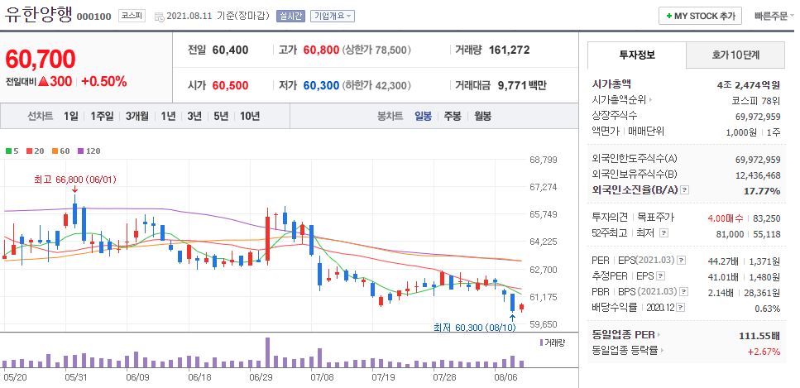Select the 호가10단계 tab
735,55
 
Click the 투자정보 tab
636,55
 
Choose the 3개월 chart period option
137,116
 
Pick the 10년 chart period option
249,116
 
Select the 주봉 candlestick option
452,116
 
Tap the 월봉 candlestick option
482,116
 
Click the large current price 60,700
41,59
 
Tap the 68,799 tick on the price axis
543,160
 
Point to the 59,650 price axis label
543,324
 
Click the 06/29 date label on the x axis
260,376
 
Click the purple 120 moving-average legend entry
89,151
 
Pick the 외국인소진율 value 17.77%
762,191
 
